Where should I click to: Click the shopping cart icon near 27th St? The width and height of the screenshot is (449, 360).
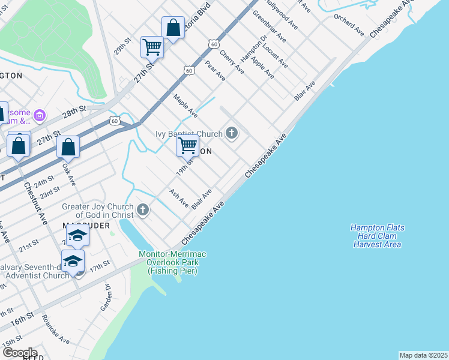tap(152, 47)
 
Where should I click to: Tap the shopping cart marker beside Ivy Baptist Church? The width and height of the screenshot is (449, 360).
tap(188, 145)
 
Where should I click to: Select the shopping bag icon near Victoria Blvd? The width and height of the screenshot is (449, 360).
tap(173, 28)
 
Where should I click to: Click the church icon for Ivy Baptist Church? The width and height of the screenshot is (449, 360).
tap(231, 133)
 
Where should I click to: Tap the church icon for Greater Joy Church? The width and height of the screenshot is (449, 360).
tap(142, 209)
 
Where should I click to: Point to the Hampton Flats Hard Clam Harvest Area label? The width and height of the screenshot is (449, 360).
tap(377, 236)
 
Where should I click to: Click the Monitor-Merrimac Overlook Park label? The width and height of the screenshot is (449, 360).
tap(173, 262)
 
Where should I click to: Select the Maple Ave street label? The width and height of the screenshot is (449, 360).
tap(185, 105)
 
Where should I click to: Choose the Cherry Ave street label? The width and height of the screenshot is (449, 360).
tap(232, 62)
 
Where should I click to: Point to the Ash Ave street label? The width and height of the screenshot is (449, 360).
tap(179, 197)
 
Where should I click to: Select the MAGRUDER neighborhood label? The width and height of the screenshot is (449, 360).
tap(85, 226)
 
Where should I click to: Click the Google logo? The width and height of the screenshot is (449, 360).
tap(19, 353)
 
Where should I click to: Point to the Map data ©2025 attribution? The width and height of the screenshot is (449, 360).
tap(423, 355)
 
